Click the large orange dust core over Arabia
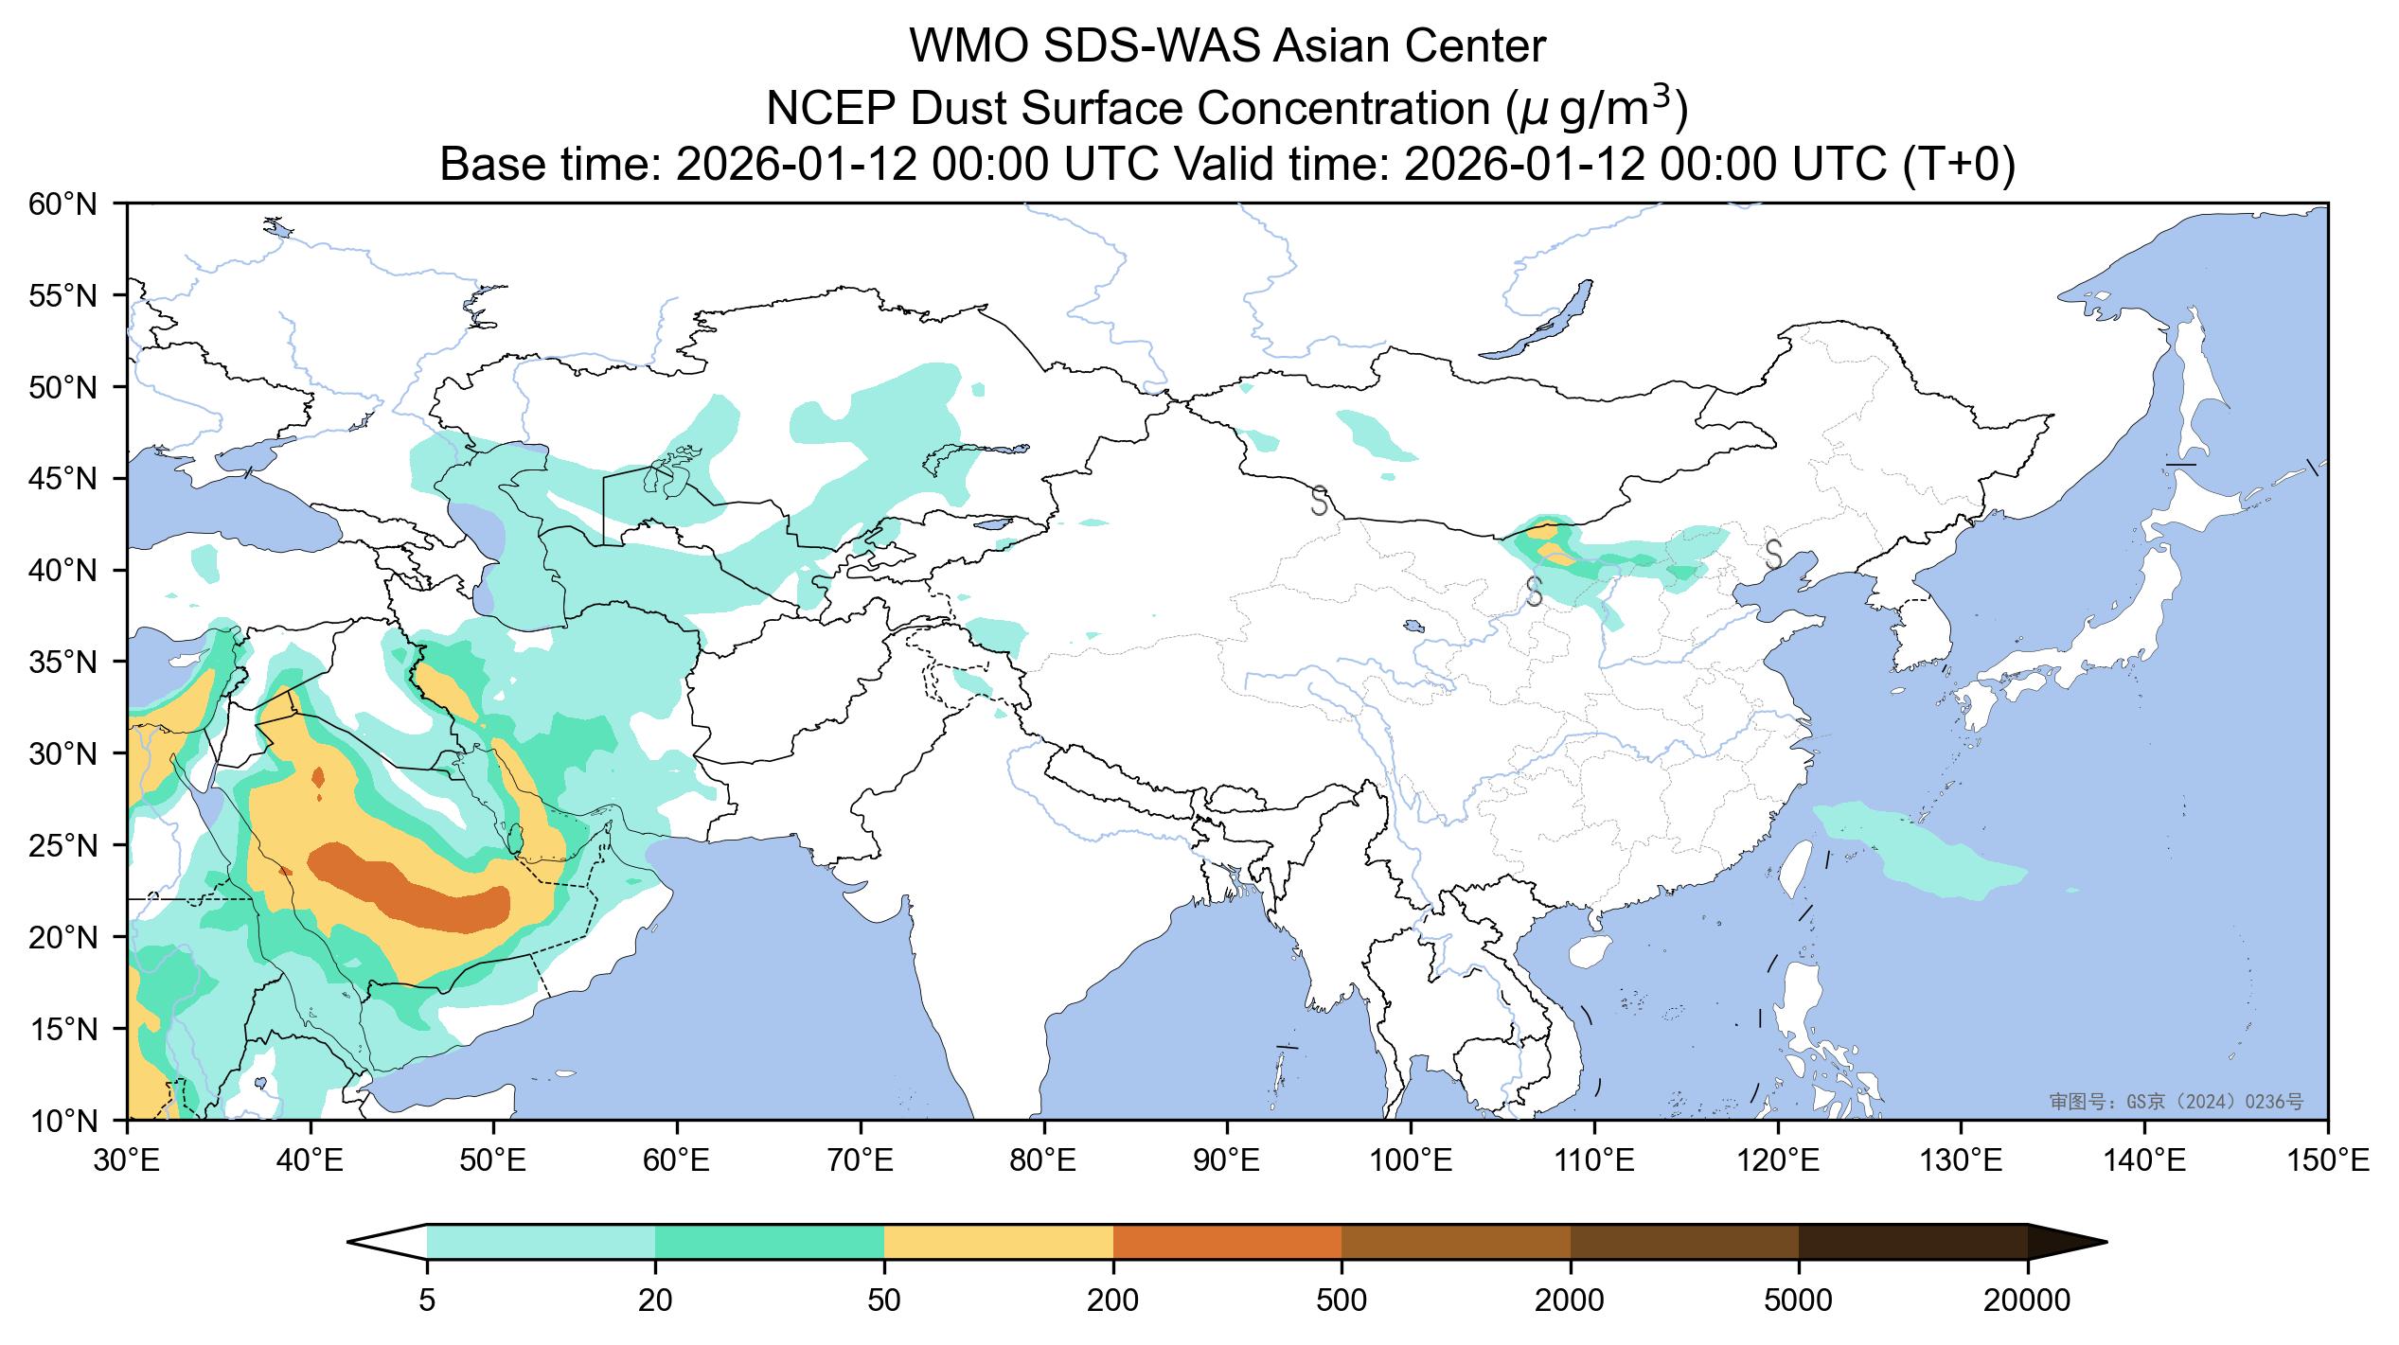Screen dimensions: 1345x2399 [407, 885]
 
